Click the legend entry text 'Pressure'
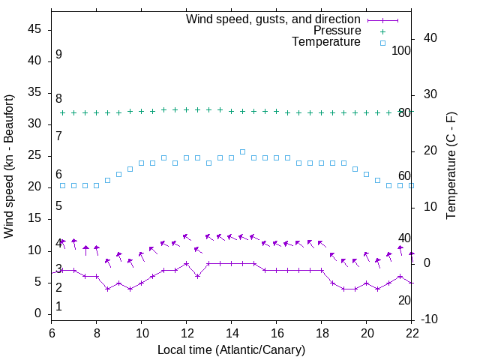pos(337,31)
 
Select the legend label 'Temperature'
pos(326,42)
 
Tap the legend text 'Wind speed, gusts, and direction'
pos(274,19)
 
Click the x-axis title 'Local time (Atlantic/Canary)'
pos(232,349)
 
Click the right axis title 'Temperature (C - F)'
pos(451,166)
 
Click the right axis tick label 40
pos(430,38)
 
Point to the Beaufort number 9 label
pos(58,55)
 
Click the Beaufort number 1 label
pos(58,307)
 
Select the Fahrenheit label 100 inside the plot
pos(401,50)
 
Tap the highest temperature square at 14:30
pos(242,151)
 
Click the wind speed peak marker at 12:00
pos(186,263)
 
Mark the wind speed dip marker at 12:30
pos(197,276)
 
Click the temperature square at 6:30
pos(62,185)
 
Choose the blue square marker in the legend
pos(382,43)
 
